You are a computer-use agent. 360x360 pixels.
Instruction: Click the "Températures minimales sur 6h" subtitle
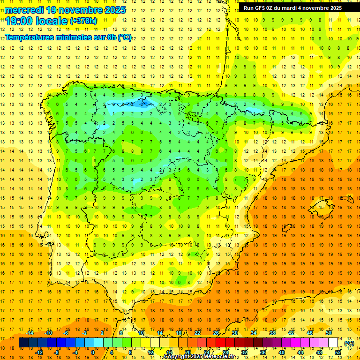click(x=68, y=37)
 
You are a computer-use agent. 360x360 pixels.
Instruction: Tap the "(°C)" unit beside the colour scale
click(x=349, y=343)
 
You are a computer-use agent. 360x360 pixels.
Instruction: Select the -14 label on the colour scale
click(x=30, y=333)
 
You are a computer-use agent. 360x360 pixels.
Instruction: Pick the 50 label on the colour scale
click(x=329, y=333)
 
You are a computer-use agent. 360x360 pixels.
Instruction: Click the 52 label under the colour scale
click(x=337, y=352)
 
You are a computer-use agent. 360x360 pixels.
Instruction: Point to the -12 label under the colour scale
click(x=39, y=352)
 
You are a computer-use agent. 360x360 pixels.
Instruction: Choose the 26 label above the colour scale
click(x=216, y=333)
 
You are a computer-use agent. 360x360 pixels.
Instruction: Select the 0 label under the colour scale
click(x=93, y=352)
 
